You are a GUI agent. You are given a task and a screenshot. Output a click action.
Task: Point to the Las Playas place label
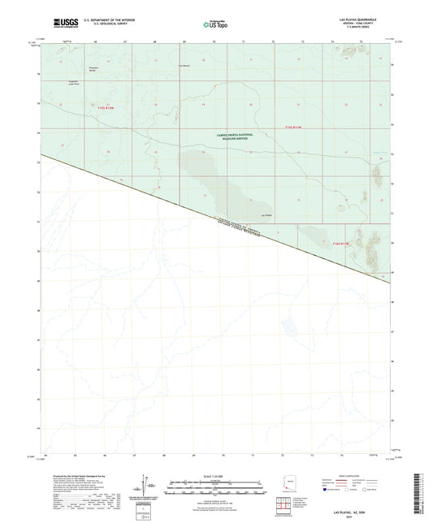(266, 214)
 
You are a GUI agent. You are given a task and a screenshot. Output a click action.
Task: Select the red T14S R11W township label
(338, 242)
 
